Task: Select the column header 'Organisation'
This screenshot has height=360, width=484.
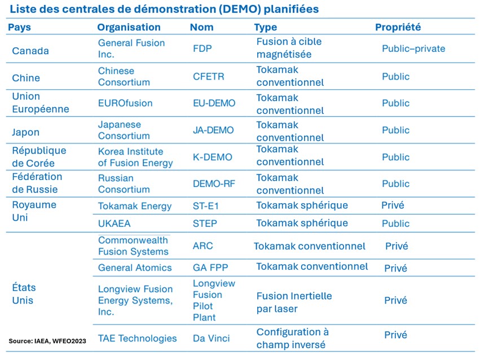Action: pos(129,27)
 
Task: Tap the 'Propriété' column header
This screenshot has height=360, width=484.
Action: pos(398,27)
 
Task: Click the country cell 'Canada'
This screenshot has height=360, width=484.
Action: pos(30,51)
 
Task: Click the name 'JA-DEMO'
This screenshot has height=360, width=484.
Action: pos(213,130)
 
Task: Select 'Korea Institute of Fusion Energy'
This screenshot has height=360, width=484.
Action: pos(135,157)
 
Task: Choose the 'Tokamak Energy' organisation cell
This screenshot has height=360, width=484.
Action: pos(134,206)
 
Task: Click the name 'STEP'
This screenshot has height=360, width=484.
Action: pos(205,223)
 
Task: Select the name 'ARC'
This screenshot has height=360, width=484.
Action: pos(203,247)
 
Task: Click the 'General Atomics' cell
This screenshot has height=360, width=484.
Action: pos(135,267)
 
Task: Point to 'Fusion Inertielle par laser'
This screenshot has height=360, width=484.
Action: pos(294,302)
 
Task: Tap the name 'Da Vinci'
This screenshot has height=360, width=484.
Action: pos(211,339)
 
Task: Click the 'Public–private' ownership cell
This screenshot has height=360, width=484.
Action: pos(413,49)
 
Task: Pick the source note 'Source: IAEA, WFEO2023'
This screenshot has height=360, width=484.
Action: pos(47,341)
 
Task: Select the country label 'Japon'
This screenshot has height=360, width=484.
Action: pos(26,133)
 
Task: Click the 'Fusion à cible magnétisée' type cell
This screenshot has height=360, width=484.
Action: pos(289,49)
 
